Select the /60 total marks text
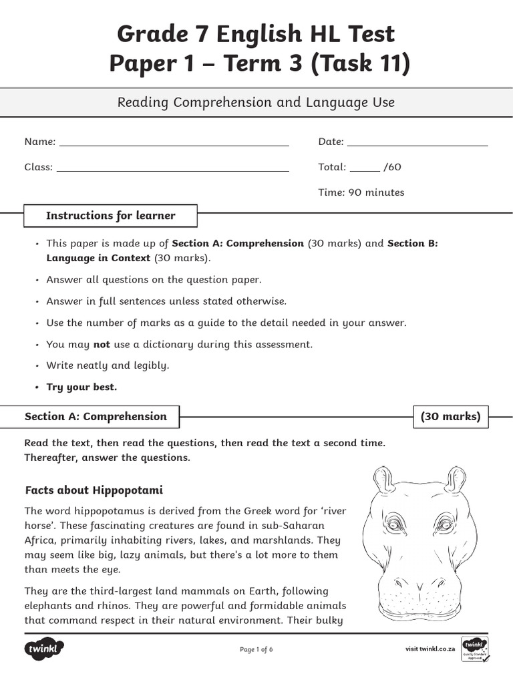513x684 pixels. [392, 167]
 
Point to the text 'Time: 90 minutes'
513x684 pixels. [361, 192]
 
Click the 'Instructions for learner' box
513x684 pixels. [110, 216]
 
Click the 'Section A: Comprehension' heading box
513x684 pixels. [96, 417]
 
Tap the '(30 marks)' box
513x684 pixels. [450, 417]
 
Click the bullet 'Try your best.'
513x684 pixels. [81, 387]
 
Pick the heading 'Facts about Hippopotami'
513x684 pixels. [94, 490]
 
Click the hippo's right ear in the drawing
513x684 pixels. [456, 480]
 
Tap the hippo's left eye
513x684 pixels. [395, 523]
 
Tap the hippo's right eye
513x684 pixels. [444, 523]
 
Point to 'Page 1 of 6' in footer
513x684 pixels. [256, 649]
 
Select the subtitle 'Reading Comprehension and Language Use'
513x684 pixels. [256, 102]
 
